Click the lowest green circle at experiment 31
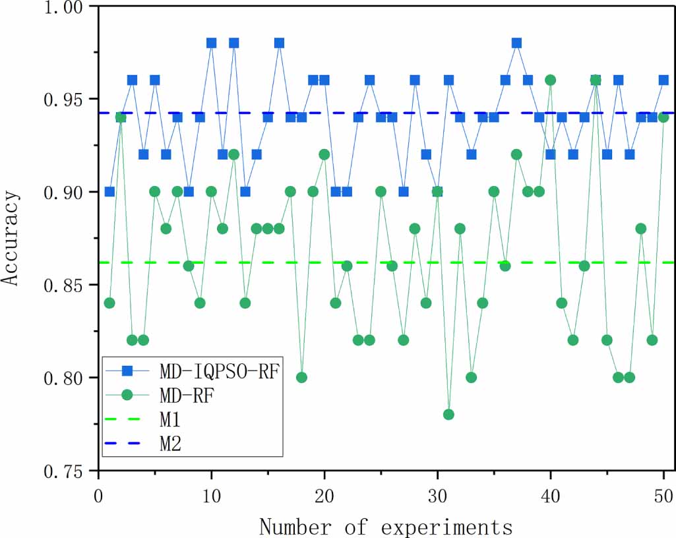click(448, 415)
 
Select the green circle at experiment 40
click(550, 80)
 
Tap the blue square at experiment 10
click(211, 43)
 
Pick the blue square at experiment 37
click(516, 43)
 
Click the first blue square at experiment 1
click(109, 192)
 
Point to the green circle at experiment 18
click(301, 378)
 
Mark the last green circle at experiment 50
click(663, 117)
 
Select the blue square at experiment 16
click(279, 43)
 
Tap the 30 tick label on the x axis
click(437, 494)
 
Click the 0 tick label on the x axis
click(98, 494)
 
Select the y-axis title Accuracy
click(11, 239)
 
